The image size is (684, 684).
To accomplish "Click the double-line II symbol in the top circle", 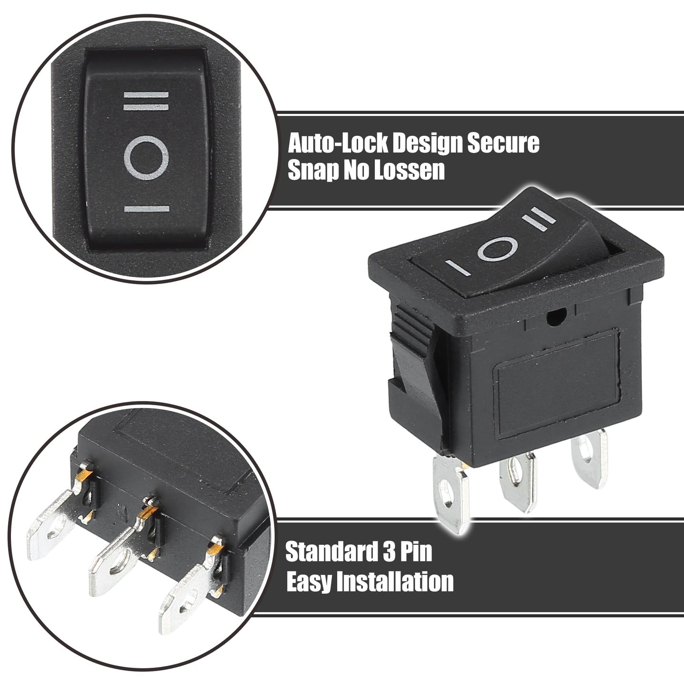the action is (x=146, y=101).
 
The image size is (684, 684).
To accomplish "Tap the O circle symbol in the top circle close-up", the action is (x=146, y=158).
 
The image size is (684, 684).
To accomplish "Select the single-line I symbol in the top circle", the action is (x=146, y=209).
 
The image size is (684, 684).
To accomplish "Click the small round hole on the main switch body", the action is (x=554, y=316).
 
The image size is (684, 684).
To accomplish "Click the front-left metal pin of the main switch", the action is (x=450, y=494).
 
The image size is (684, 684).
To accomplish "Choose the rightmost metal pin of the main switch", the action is (x=589, y=458).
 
